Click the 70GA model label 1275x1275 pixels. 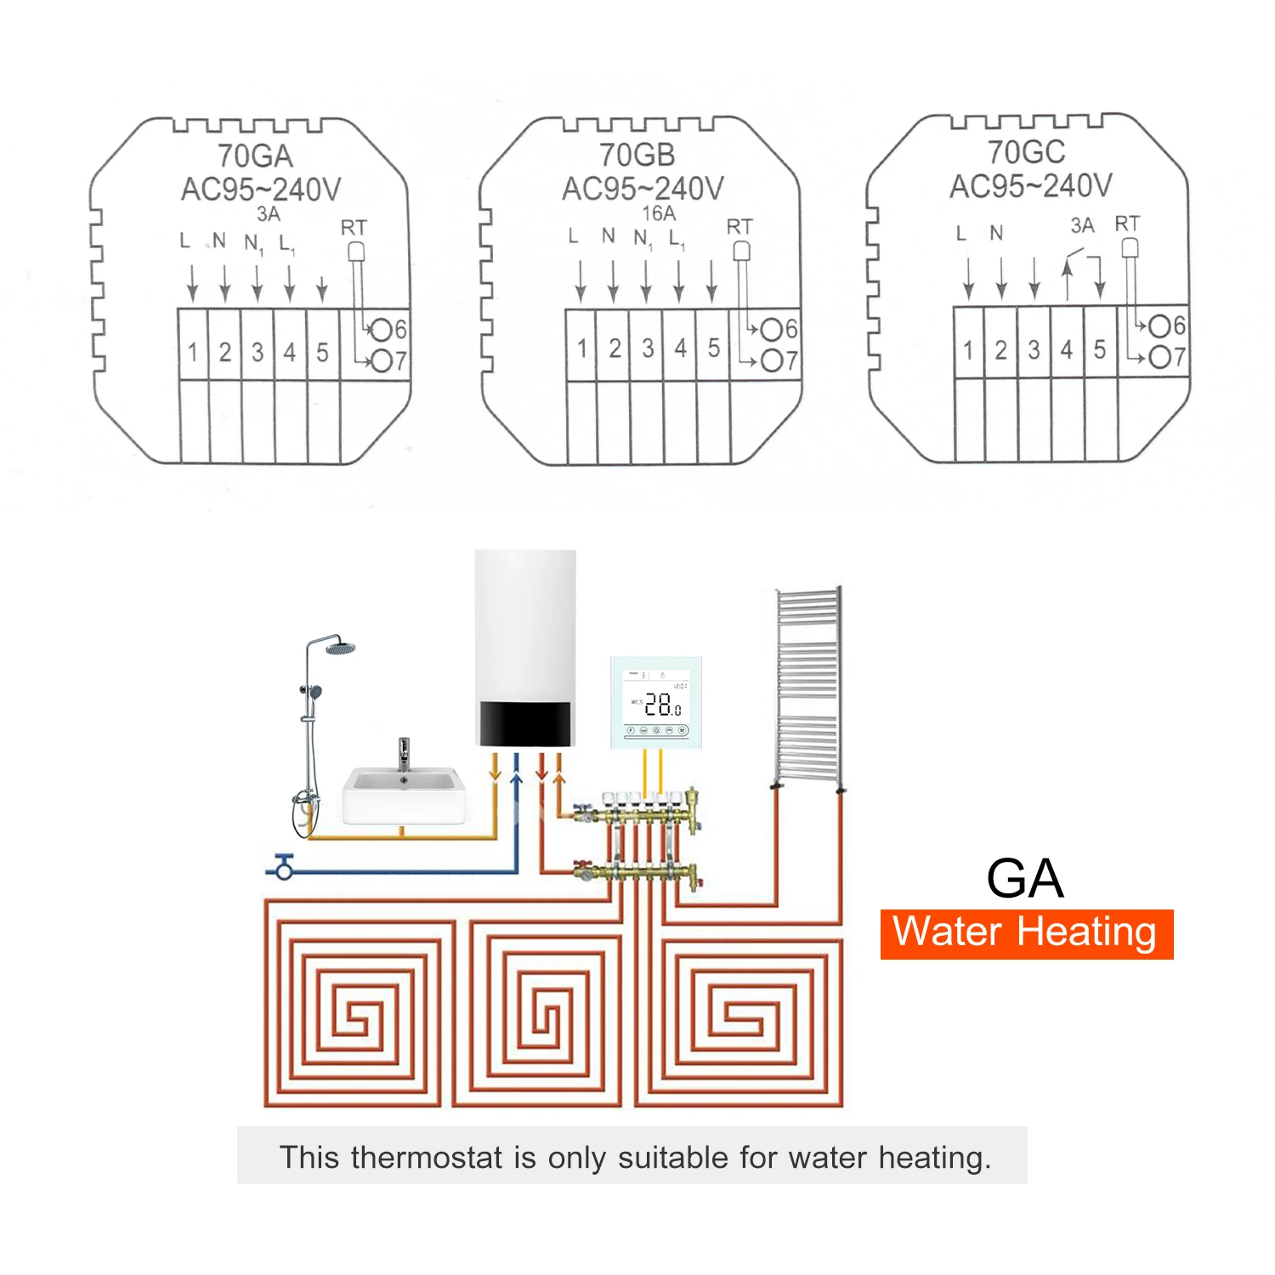pos(255,156)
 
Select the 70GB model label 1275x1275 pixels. pos(637,156)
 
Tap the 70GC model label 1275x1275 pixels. pos(1026,153)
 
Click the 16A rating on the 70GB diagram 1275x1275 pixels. pos(659,213)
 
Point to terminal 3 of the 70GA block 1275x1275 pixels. pos(258,352)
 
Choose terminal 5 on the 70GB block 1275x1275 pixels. pos(713,348)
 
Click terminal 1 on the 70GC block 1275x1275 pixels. pos(968,349)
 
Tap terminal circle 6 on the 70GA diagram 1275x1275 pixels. pos(381,330)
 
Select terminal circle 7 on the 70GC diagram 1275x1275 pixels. pos(1159,357)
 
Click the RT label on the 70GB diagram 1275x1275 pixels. pos(739,227)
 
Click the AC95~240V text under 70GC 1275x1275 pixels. pos(1030,186)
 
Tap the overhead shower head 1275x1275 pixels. pos(340,649)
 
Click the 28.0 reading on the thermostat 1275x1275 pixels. pos(661,705)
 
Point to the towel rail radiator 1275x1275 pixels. pos(808,684)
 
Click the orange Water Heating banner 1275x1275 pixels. pos(1026,933)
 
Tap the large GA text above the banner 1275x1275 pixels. pos(1024,878)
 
